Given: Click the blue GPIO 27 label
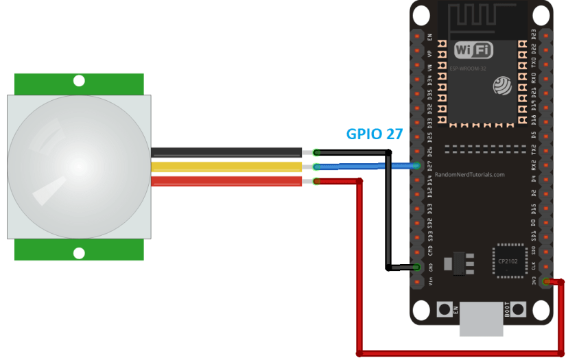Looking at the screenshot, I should point(374,134).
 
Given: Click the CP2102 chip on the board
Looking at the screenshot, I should point(508,261).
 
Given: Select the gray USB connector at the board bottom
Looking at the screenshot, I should point(480,320).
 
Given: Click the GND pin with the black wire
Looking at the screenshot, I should point(416,267).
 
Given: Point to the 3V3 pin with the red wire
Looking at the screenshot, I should point(545,281).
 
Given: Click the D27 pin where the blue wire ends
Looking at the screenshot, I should point(416,165).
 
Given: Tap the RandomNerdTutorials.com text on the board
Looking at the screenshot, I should point(470,175).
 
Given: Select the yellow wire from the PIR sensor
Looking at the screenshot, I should point(226,167).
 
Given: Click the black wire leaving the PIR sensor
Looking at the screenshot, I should point(226,152).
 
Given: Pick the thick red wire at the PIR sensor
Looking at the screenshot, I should point(226,181).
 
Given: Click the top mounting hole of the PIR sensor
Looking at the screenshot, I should point(79,81).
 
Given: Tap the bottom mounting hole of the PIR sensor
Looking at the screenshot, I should point(79,253).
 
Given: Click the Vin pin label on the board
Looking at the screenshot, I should point(430,282).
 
